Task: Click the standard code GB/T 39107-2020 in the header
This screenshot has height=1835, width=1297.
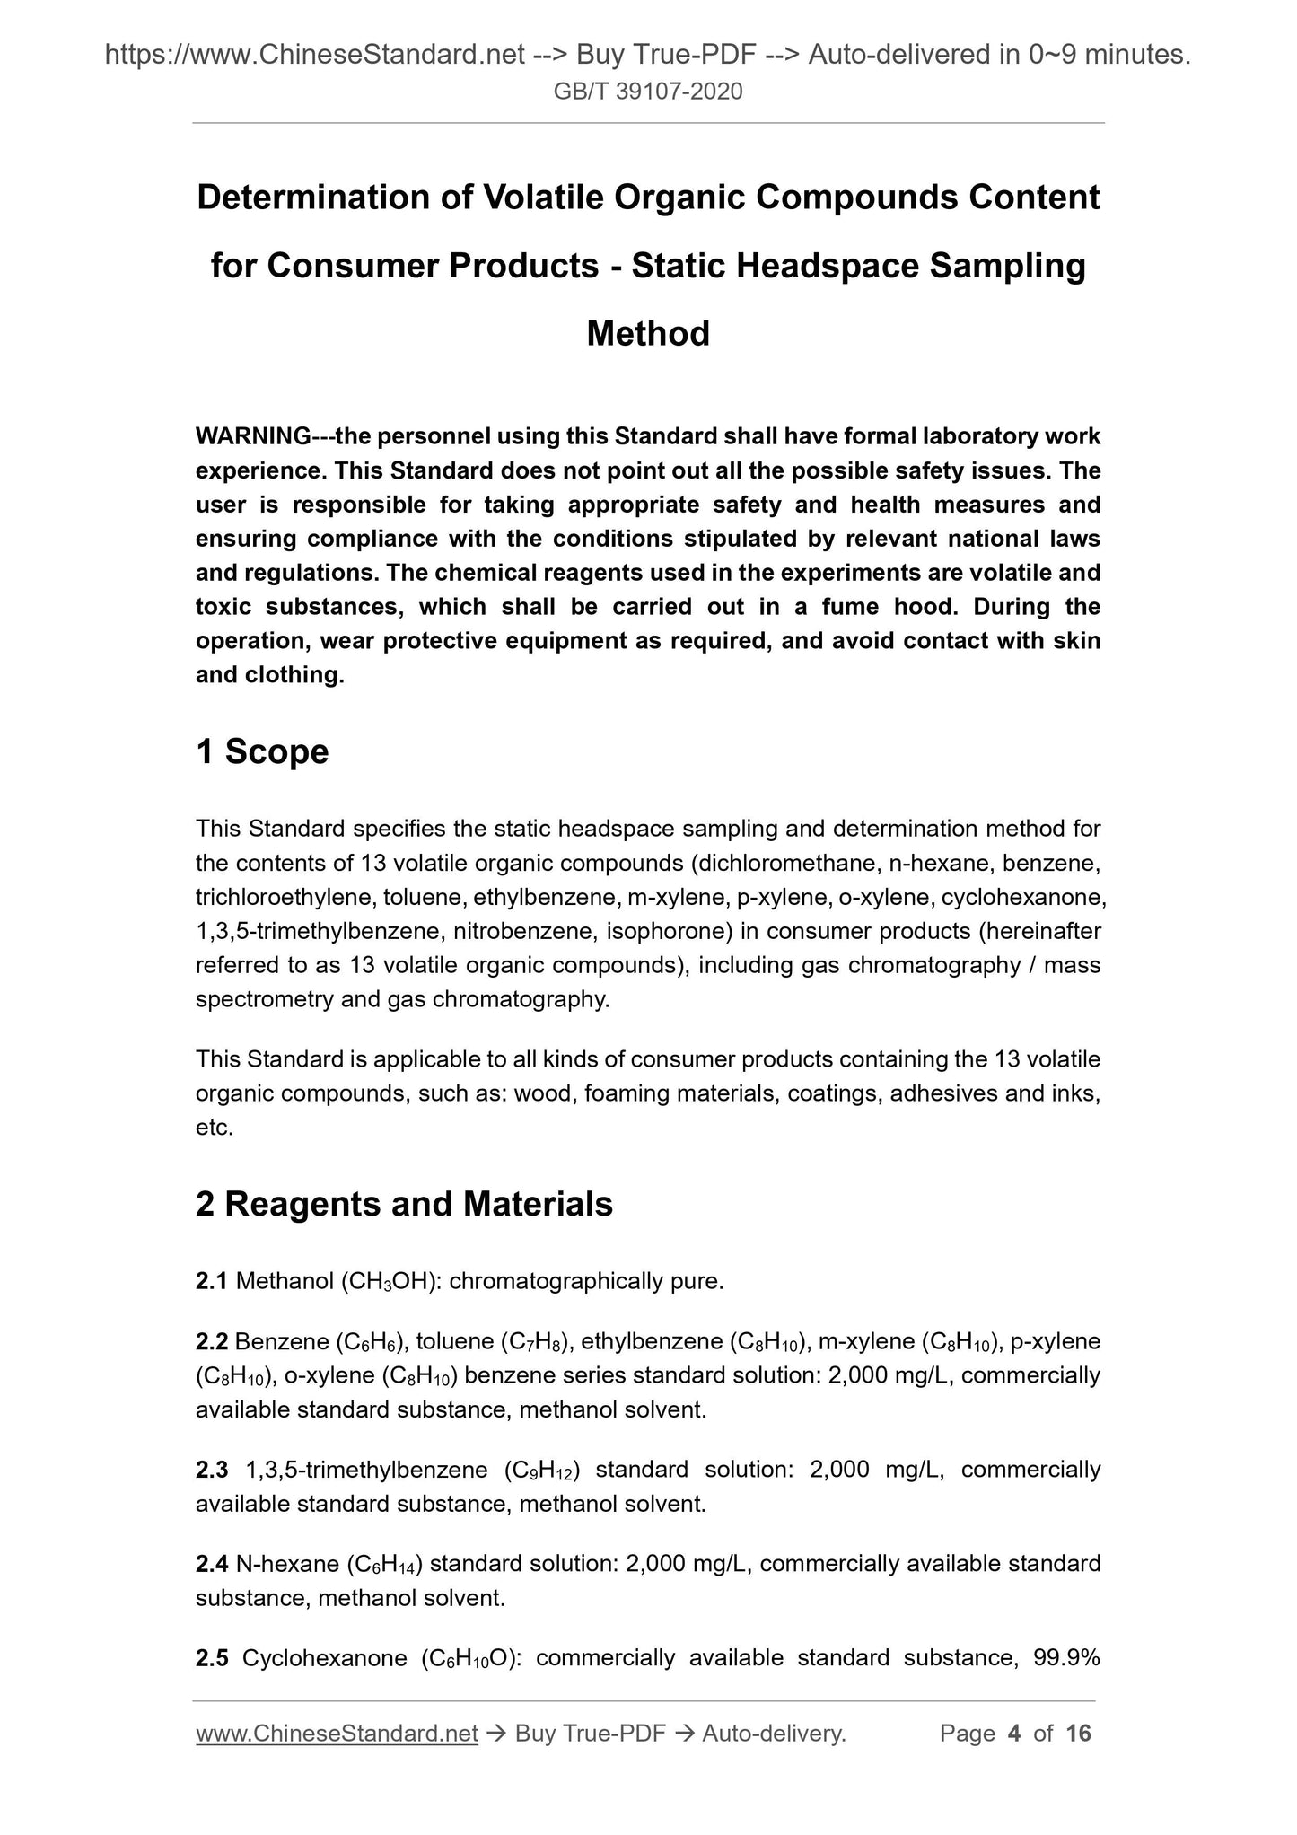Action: tap(648, 92)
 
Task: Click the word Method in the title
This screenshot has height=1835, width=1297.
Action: tap(648, 334)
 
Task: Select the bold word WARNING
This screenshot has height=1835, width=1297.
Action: tap(253, 436)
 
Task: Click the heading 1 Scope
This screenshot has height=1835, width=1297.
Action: tap(262, 751)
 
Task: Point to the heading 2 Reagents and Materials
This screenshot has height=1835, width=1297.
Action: tap(404, 1204)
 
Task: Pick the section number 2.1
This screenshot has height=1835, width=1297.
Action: tap(212, 1281)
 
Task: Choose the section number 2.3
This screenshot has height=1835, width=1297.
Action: tap(212, 1470)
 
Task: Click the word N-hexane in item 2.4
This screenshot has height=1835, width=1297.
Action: tap(287, 1564)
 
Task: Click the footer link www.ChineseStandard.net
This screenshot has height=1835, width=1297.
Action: tap(337, 1734)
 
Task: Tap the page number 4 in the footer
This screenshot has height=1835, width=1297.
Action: tap(1014, 1734)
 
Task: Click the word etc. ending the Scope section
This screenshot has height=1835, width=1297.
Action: tap(215, 1128)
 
